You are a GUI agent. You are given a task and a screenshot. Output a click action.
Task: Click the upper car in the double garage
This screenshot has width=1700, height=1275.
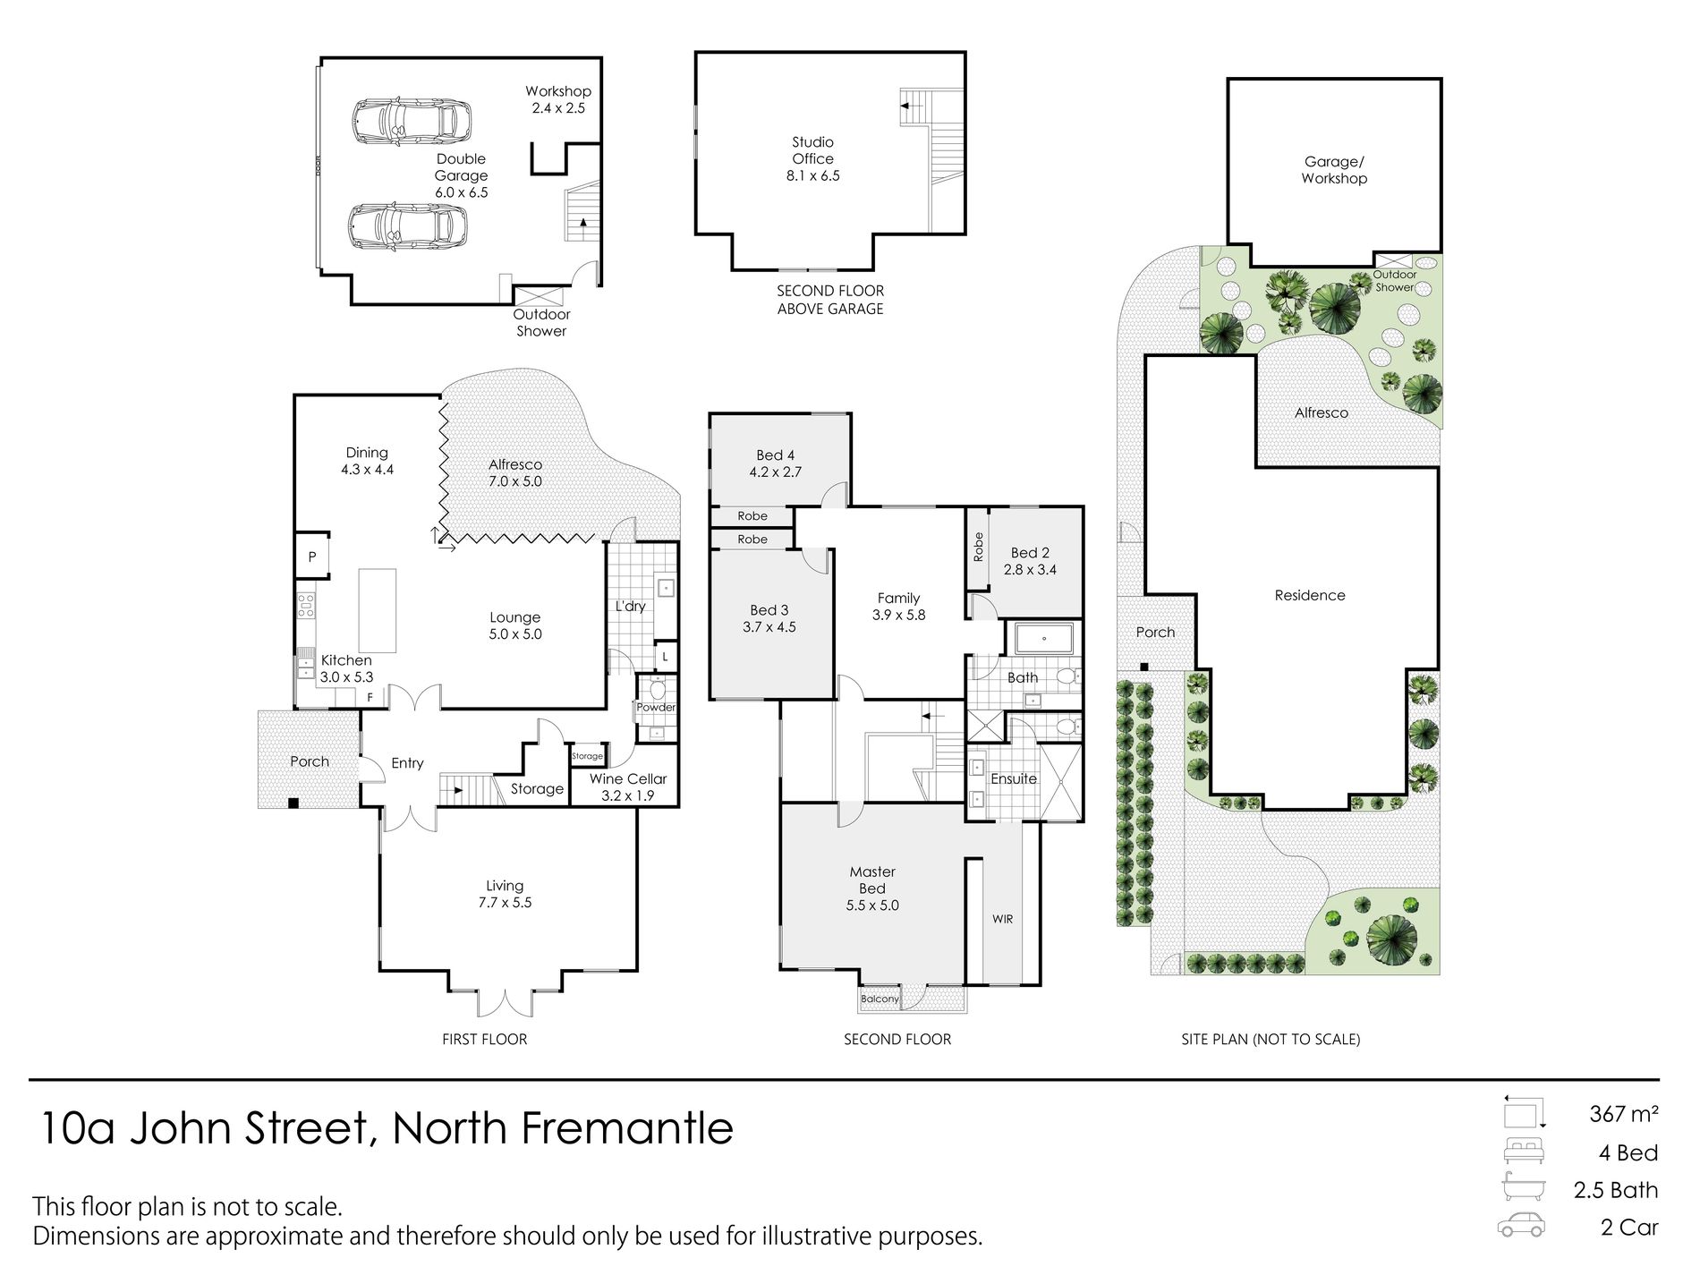411,122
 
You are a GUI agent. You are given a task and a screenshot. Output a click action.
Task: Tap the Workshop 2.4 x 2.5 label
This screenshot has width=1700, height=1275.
558,99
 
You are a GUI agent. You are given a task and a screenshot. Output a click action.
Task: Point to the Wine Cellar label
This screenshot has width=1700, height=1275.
628,778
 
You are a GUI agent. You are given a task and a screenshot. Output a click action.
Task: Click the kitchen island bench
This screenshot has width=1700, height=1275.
378,611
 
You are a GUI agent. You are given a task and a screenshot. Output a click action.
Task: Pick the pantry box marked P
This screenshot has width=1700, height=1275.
312,557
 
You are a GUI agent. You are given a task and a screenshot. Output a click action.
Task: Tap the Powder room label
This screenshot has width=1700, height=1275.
656,707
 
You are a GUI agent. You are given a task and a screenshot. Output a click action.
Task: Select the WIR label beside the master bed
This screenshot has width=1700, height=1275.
1002,919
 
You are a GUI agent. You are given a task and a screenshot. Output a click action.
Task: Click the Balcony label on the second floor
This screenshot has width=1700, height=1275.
880,999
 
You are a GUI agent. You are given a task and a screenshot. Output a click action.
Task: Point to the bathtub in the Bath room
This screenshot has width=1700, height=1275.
1044,639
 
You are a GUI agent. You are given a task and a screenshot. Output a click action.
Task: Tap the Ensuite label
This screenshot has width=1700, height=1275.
1014,778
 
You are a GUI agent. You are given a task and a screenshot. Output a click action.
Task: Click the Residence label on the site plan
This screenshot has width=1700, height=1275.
1310,595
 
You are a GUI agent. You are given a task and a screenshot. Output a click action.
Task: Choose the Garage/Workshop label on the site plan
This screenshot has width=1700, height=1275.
1334,170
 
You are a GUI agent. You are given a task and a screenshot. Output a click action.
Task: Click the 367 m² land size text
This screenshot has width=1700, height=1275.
1623,1114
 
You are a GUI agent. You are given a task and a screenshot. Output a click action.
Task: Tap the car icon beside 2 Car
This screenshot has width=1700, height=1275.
1521,1226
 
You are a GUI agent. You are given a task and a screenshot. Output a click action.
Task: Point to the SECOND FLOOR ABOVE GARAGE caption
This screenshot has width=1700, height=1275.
830,300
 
